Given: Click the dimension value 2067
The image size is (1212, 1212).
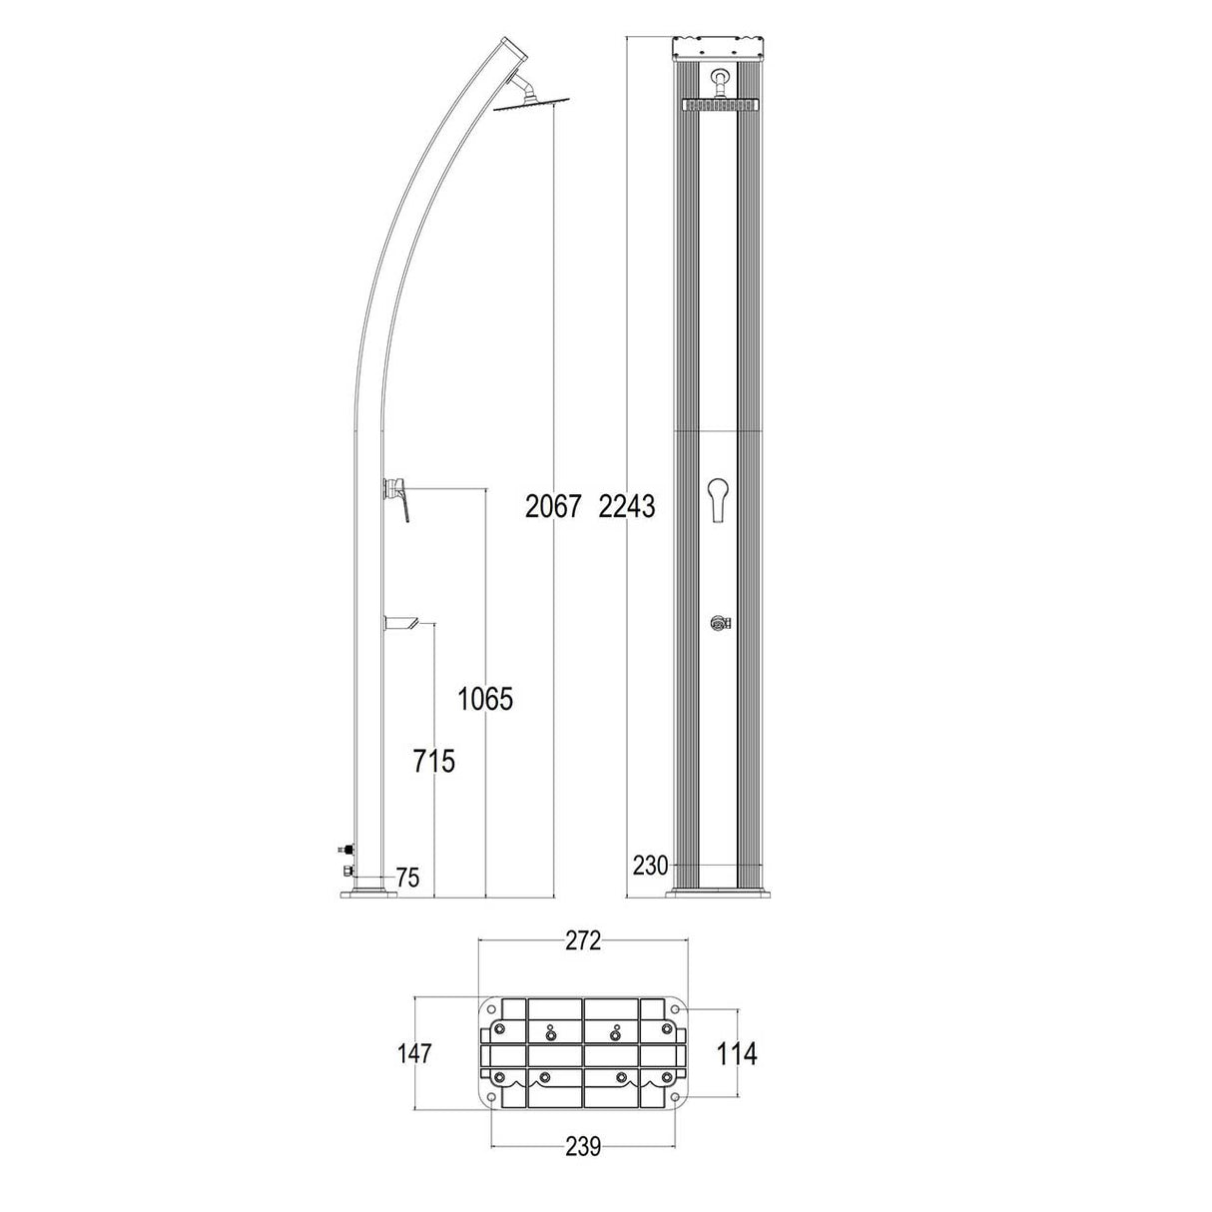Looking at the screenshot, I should click(552, 507).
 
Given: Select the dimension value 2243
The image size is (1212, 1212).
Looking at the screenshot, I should click(626, 507).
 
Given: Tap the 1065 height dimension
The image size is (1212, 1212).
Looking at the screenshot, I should click(484, 699).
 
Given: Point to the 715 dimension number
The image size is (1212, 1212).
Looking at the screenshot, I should click(434, 762).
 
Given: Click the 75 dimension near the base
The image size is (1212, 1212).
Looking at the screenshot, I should click(407, 878).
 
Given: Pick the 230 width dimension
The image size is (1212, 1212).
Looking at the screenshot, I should click(649, 866).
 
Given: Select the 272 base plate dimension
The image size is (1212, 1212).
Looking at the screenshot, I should click(583, 940).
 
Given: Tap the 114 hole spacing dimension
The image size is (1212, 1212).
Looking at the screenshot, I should click(738, 1053).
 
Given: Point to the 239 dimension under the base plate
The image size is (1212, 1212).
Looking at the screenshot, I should click(583, 1147).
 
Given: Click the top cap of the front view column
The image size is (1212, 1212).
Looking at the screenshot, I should click(720, 48).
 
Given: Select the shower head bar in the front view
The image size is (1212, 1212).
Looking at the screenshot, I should click(720, 105).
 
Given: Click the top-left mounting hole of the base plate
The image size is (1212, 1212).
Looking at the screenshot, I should click(491, 1009).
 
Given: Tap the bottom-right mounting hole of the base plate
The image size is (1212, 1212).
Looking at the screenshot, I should click(676, 1099).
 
